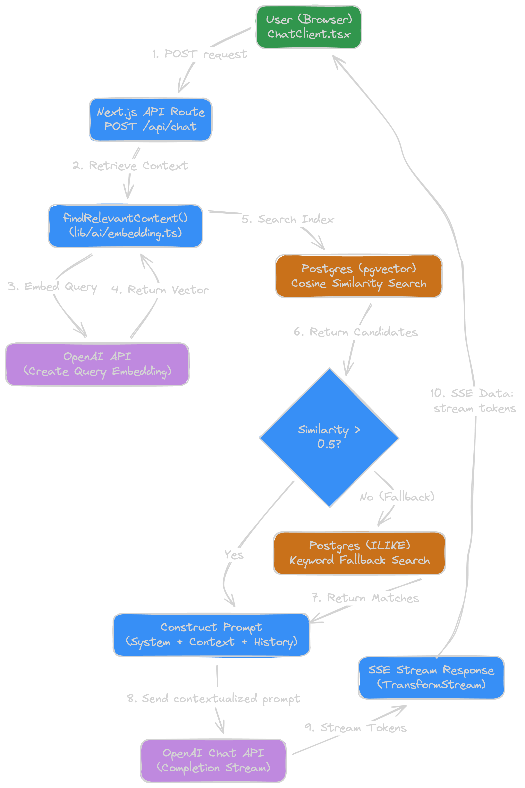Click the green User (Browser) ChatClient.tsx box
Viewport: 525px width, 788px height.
[309, 27]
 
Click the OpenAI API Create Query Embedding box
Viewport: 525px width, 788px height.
[97, 364]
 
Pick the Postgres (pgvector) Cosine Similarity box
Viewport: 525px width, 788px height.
[359, 276]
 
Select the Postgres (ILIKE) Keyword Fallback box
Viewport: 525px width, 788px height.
[359, 553]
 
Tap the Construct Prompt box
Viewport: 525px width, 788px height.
[211, 635]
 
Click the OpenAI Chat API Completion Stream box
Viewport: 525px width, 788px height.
[213, 760]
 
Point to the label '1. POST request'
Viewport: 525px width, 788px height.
[199, 54]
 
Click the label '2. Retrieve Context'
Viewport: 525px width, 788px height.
[130, 165]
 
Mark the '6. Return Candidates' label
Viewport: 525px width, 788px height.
[356, 332]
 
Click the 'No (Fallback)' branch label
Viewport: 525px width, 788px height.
[397, 497]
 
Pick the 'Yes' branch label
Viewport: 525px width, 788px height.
[234, 555]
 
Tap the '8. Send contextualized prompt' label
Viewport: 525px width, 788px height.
[213, 698]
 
